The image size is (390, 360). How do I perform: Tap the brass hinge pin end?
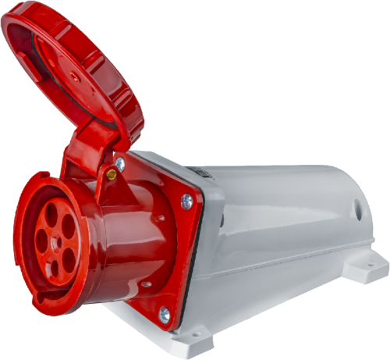coord(112,175)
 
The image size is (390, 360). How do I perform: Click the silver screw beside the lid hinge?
coord(119,164)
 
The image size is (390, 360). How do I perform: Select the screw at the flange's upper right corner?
coord(187,201)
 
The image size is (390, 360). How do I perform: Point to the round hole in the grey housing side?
coord(359,209)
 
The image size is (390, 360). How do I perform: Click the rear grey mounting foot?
coord(365,266)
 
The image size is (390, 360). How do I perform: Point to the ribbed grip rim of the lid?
coord(125,86)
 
